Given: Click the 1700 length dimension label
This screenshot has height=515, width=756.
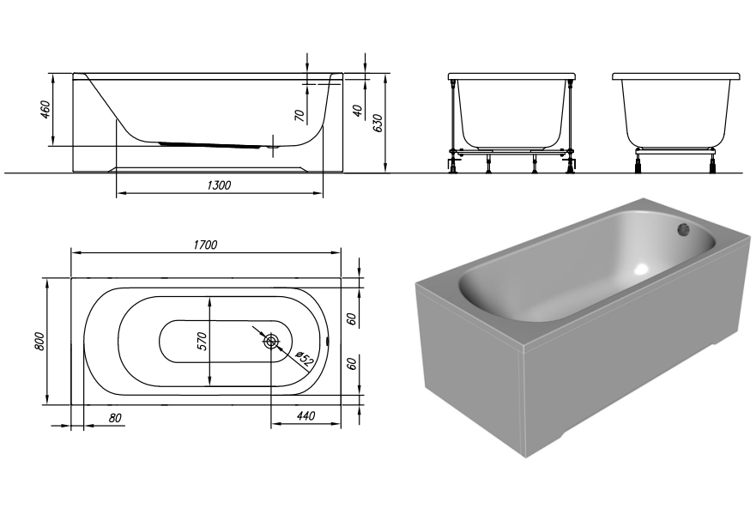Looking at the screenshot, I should [205, 245].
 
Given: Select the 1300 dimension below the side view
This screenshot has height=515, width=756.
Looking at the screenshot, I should [219, 185].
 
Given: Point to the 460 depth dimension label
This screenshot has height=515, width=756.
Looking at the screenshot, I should [46, 111].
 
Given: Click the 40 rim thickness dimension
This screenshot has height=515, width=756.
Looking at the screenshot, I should [356, 110].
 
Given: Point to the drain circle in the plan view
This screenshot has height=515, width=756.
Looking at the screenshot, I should [271, 342].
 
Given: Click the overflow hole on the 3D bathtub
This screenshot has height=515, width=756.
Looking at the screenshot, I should [684, 229].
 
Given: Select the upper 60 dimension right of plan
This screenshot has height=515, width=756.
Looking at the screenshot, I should [351, 318].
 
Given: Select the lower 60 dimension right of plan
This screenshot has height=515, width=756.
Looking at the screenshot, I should [351, 362].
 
